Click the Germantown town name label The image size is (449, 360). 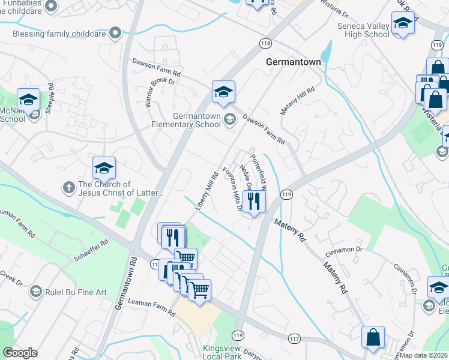point(293,62)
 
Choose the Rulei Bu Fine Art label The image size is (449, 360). point(76,292)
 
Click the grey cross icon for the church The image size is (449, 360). point(68,188)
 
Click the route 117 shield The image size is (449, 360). point(294,339)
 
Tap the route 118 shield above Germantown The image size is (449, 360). point(266,43)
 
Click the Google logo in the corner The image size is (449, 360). point(20,353)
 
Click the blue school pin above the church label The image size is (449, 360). point(104,170)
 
